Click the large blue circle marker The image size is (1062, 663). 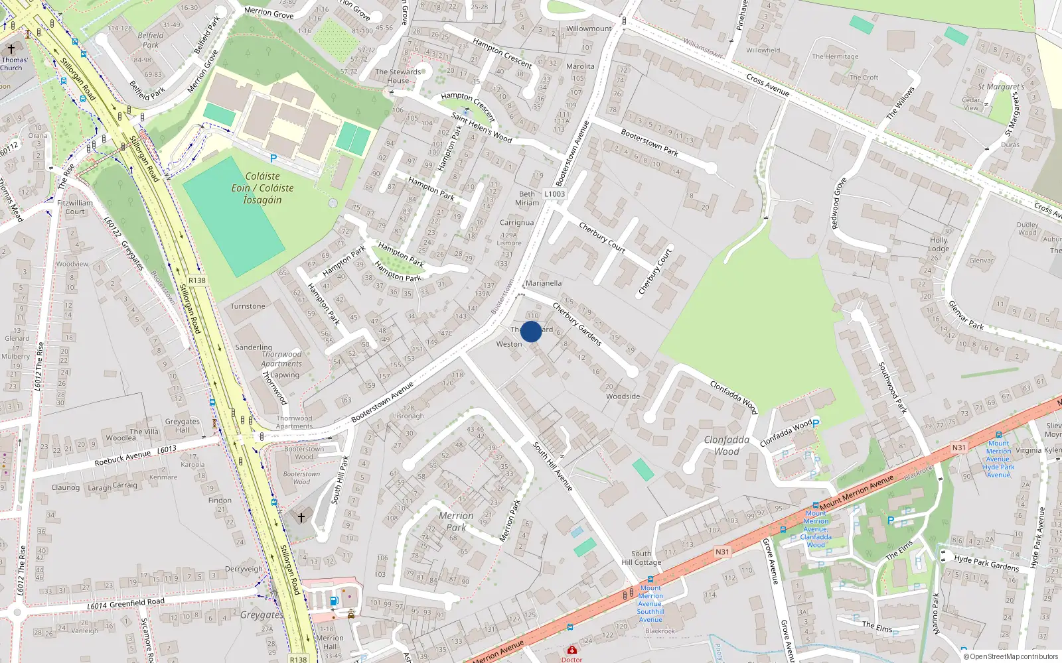[x=531, y=331]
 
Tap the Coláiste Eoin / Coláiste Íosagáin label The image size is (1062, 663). [x=262, y=188]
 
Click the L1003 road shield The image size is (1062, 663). [x=554, y=194]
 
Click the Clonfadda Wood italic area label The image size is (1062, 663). [x=727, y=446]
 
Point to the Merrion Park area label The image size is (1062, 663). [x=456, y=521]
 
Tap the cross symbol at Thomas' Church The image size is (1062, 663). [x=11, y=49]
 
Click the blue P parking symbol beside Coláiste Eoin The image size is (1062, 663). [x=273, y=158]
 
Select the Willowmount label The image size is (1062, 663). [x=589, y=29]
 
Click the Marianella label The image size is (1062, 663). [x=544, y=283]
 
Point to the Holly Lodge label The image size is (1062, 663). [x=939, y=244]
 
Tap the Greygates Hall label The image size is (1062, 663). [x=183, y=426]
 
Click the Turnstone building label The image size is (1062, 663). [x=248, y=306]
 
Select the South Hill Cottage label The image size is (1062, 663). [x=641, y=558]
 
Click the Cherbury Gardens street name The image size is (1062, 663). [x=577, y=324]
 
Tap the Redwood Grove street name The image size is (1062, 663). [x=840, y=203]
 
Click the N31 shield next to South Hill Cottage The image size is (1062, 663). [x=722, y=552]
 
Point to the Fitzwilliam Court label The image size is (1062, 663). [x=75, y=208]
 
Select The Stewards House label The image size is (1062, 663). [x=398, y=76]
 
